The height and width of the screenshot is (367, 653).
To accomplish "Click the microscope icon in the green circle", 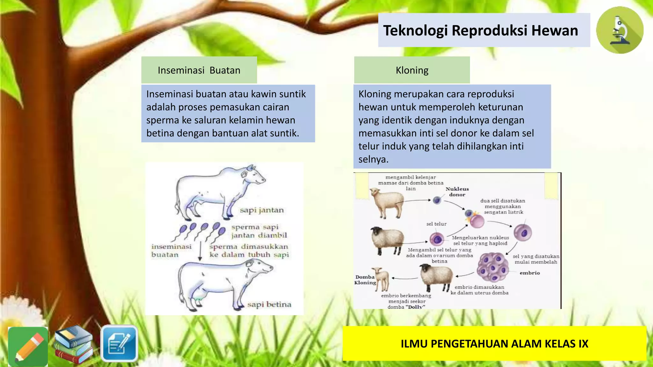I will click(x=620, y=31).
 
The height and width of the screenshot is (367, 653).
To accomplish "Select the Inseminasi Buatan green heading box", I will click(x=199, y=70).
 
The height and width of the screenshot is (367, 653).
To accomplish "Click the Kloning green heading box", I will click(x=412, y=70).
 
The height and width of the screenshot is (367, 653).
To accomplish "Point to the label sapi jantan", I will click(x=261, y=210).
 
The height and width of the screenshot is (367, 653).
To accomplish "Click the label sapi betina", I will click(x=269, y=305).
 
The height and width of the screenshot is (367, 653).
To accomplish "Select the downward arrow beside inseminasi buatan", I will click(x=200, y=252).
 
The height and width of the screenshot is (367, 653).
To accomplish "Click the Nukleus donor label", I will click(x=457, y=192).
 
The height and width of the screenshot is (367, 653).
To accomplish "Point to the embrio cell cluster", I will click(x=493, y=267).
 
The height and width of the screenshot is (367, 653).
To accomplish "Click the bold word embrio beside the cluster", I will click(x=530, y=273).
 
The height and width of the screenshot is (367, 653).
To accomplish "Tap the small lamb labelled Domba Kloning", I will click(x=382, y=279).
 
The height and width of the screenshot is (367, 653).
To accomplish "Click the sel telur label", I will click(x=436, y=224).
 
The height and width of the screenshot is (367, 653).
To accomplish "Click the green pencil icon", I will click(x=28, y=347).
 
